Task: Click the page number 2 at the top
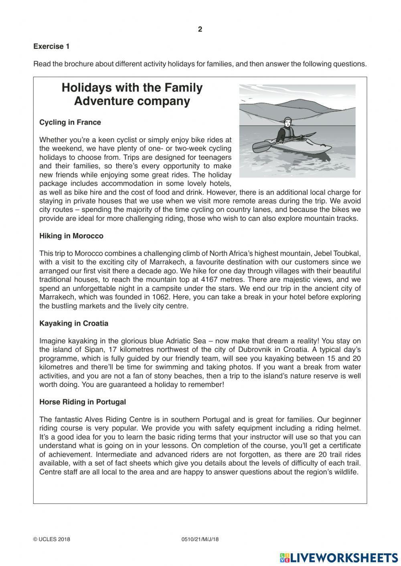coord(200,29)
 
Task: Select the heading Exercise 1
coord(51,46)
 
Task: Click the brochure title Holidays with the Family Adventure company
coord(132,94)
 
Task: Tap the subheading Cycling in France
coord(70,123)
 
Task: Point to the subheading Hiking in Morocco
coord(71,236)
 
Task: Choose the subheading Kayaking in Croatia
coord(73,323)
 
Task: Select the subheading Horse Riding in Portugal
coord(82,402)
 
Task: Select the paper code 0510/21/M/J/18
coord(200,539)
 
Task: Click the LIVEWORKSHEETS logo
coord(339,558)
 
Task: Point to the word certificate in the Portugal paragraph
coord(344,446)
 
